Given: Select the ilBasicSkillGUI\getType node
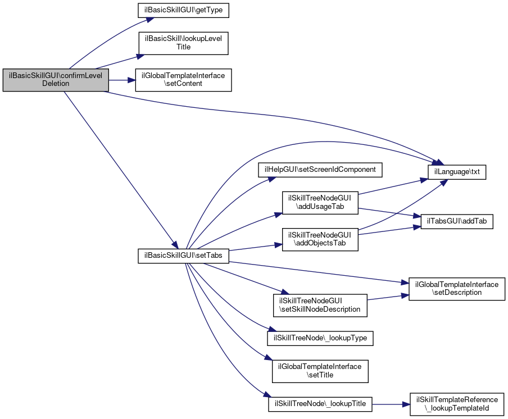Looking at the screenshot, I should click(x=176, y=10).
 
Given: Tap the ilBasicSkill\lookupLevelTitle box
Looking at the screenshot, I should click(x=183, y=43).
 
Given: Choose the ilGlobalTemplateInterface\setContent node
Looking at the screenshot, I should click(x=183, y=79).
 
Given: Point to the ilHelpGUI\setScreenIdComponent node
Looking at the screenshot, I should click(x=320, y=169).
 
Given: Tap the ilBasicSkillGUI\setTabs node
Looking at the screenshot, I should click(x=183, y=255).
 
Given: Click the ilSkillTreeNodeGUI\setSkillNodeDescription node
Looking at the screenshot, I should click(x=320, y=304).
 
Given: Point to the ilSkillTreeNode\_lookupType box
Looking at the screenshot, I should click(x=320, y=338).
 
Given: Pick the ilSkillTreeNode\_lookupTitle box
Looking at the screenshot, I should click(x=320, y=404).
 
